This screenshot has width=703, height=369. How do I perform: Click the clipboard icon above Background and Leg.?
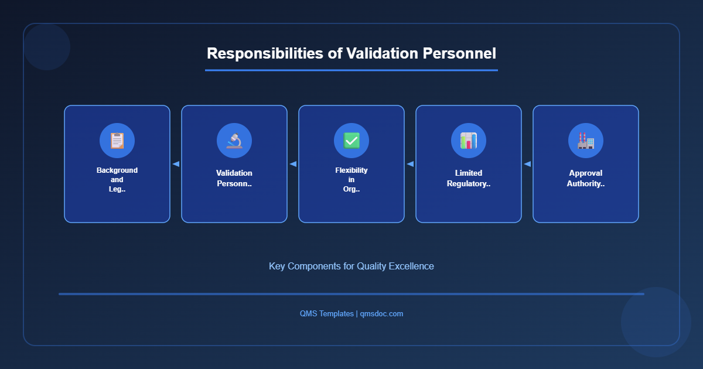click(x=117, y=141)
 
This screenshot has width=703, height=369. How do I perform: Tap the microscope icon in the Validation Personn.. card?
click(x=234, y=141)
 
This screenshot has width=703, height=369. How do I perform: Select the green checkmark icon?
click(x=351, y=141)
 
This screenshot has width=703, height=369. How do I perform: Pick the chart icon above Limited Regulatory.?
click(x=469, y=141)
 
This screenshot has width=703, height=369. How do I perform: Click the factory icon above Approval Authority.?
click(x=586, y=141)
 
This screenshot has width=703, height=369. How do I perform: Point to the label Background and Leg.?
click(x=117, y=180)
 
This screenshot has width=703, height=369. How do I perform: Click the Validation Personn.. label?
click(x=234, y=178)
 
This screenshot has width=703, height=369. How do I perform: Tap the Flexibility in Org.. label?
click(x=351, y=180)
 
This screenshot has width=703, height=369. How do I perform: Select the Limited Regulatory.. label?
click(x=469, y=178)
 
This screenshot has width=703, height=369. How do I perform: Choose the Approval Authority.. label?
click(x=586, y=178)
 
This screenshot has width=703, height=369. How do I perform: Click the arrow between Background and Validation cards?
click(x=176, y=164)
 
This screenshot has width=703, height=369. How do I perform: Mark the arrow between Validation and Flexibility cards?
click(x=293, y=164)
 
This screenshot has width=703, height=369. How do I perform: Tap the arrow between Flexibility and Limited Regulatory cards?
click(x=410, y=164)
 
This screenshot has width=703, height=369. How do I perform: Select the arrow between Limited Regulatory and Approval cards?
click(x=527, y=164)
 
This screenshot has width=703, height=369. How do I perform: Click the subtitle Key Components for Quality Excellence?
click(x=351, y=266)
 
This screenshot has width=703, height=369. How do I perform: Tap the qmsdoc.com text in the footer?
click(x=381, y=314)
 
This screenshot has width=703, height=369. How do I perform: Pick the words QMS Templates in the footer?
click(x=326, y=314)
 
